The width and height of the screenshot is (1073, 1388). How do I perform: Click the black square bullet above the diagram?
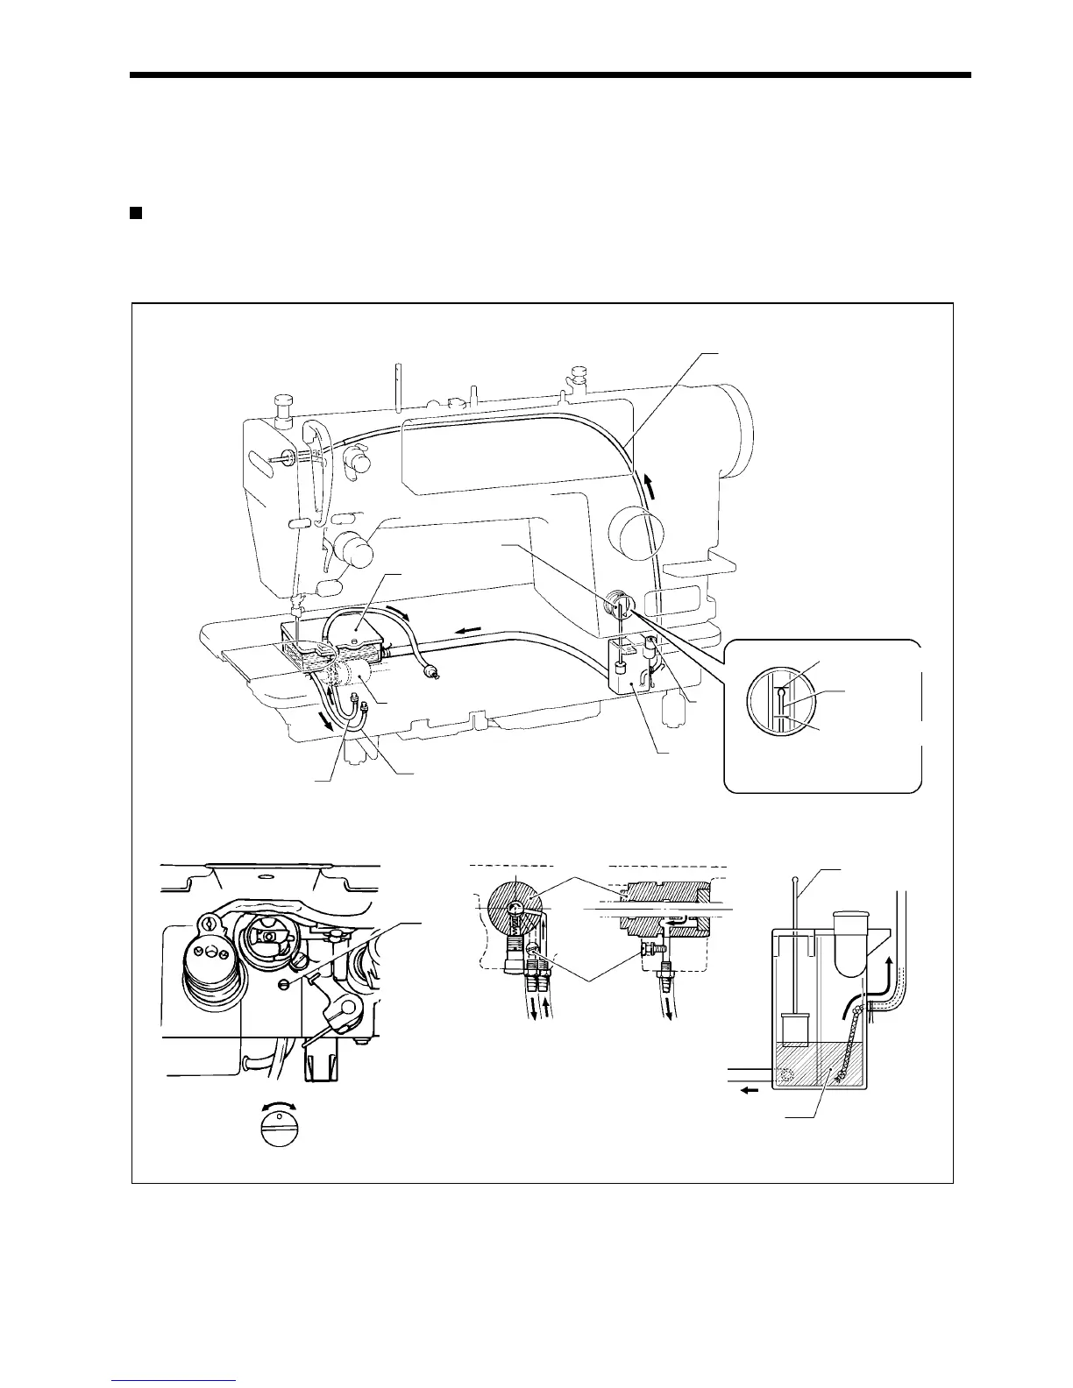(136, 213)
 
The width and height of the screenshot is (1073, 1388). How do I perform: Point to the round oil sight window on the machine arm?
(619, 605)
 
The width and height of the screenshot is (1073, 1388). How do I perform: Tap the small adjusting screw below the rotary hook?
(283, 983)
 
